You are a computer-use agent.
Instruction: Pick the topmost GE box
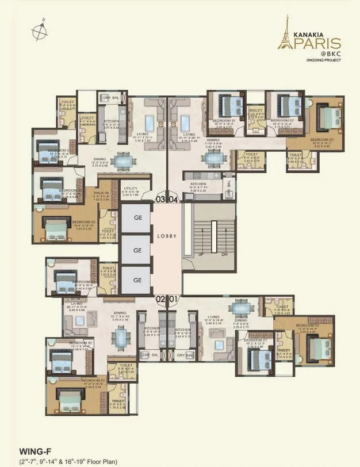(137, 219)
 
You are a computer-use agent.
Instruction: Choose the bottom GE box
(137, 280)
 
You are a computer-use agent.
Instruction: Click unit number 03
(160, 200)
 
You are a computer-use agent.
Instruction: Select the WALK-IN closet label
(102, 193)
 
